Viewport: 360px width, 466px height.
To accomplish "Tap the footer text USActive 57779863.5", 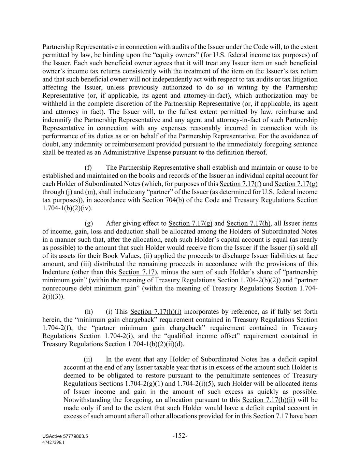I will (65, 437).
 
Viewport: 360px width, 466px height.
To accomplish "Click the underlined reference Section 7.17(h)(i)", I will (156, 312).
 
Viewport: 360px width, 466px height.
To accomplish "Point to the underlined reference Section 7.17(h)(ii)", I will (269, 400).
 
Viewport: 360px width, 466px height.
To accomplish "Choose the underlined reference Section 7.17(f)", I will (241, 184).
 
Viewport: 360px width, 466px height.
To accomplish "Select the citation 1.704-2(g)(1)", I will (155, 383).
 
